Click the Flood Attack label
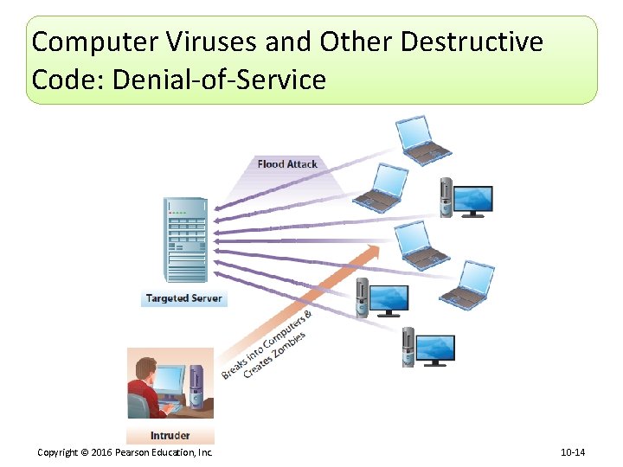tap(287, 163)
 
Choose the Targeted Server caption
tap(183, 298)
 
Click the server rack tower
tap(185, 240)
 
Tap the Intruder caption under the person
tap(170, 435)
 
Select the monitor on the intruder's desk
tap(170, 381)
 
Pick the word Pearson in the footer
tap(132, 452)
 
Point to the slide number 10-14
tap(573, 452)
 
